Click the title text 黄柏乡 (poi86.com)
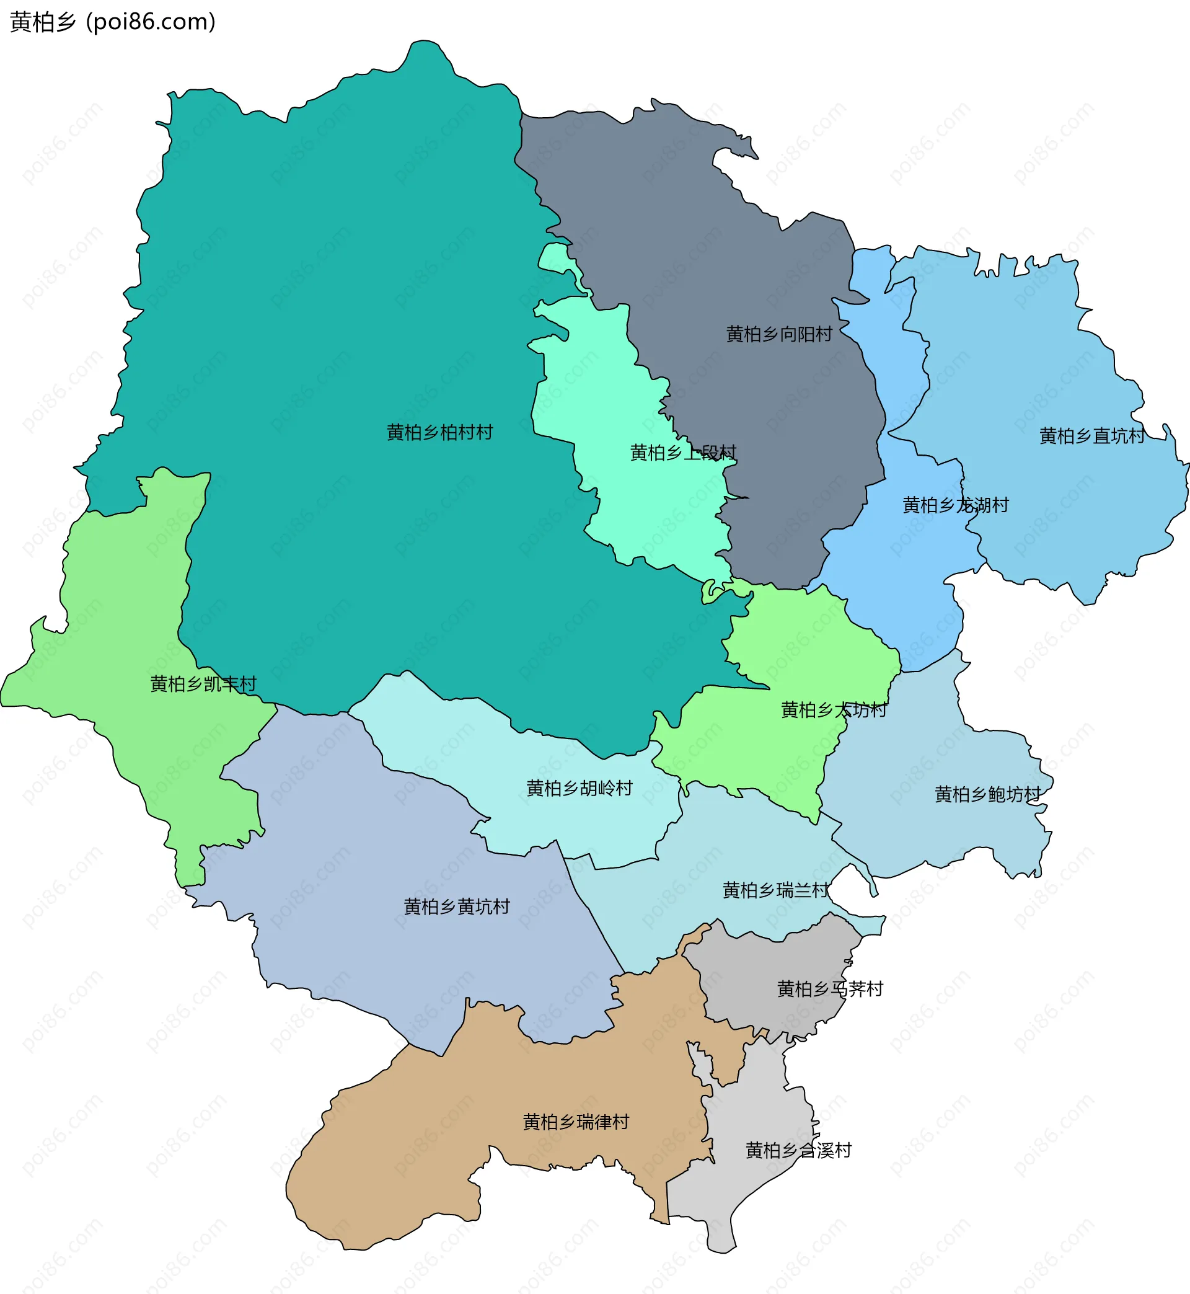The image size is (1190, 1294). (113, 22)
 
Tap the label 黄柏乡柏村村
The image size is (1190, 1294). (440, 432)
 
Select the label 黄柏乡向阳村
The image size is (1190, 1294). (779, 334)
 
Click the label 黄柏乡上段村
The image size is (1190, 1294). (682, 453)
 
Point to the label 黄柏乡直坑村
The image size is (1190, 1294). (1092, 436)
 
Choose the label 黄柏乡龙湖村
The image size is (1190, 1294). (956, 505)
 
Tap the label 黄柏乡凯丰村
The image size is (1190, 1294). (203, 683)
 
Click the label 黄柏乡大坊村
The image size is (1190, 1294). (834, 710)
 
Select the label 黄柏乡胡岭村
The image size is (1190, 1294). (580, 789)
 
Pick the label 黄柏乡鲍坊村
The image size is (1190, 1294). (988, 795)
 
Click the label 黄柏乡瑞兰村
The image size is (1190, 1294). (776, 890)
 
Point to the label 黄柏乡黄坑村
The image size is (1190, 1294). (457, 907)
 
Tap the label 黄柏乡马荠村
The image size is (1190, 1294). (830, 989)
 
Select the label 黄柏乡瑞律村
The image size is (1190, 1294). (576, 1122)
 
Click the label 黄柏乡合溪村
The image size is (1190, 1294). (798, 1150)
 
